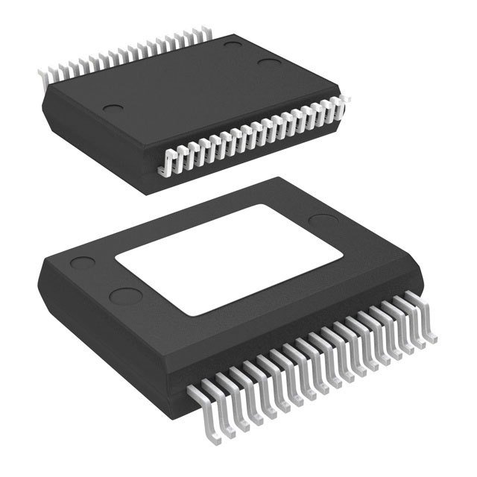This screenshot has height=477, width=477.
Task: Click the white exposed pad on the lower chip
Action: point(230,257)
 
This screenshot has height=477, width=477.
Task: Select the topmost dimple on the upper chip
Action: point(233,46)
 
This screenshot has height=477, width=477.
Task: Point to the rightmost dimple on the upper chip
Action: point(268,63)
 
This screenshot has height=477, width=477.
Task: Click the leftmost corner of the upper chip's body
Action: point(43,88)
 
